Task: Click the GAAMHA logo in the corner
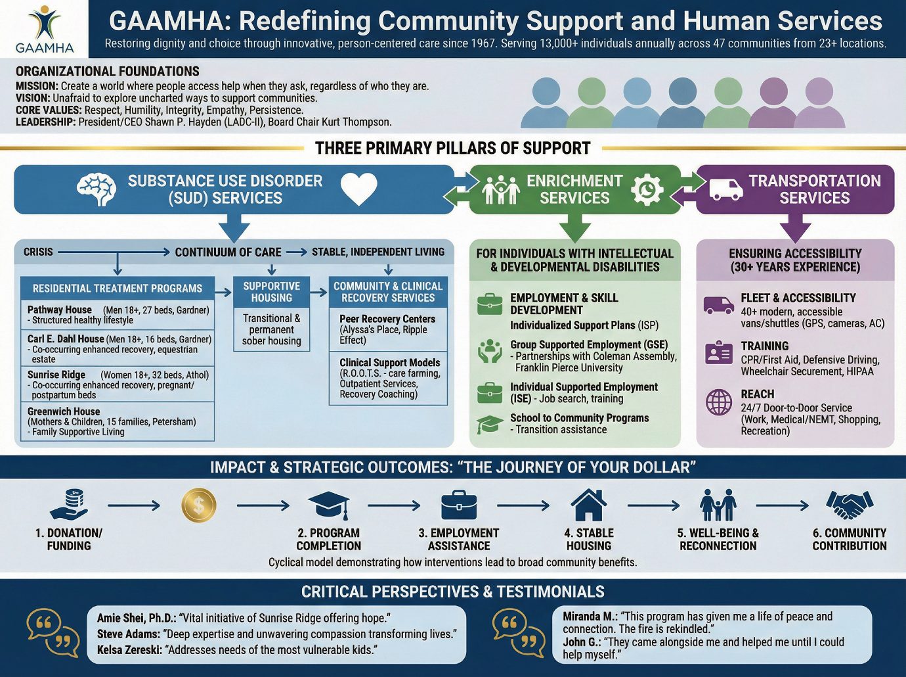click(44, 29)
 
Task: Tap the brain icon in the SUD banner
click(97, 189)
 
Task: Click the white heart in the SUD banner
click(358, 189)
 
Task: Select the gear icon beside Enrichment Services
click(647, 189)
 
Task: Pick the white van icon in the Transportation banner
click(725, 189)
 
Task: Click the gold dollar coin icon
click(198, 505)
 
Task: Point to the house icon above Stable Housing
click(589, 505)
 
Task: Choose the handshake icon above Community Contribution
click(850, 505)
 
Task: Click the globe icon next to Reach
click(719, 402)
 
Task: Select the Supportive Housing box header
click(271, 292)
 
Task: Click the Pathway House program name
click(60, 310)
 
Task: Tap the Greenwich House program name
click(64, 411)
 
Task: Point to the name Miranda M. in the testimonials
click(590, 617)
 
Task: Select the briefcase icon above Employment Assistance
click(459, 505)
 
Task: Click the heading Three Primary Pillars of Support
click(453, 149)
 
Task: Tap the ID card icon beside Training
click(718, 353)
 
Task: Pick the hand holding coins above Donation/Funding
click(69, 505)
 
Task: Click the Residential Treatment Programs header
click(118, 289)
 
